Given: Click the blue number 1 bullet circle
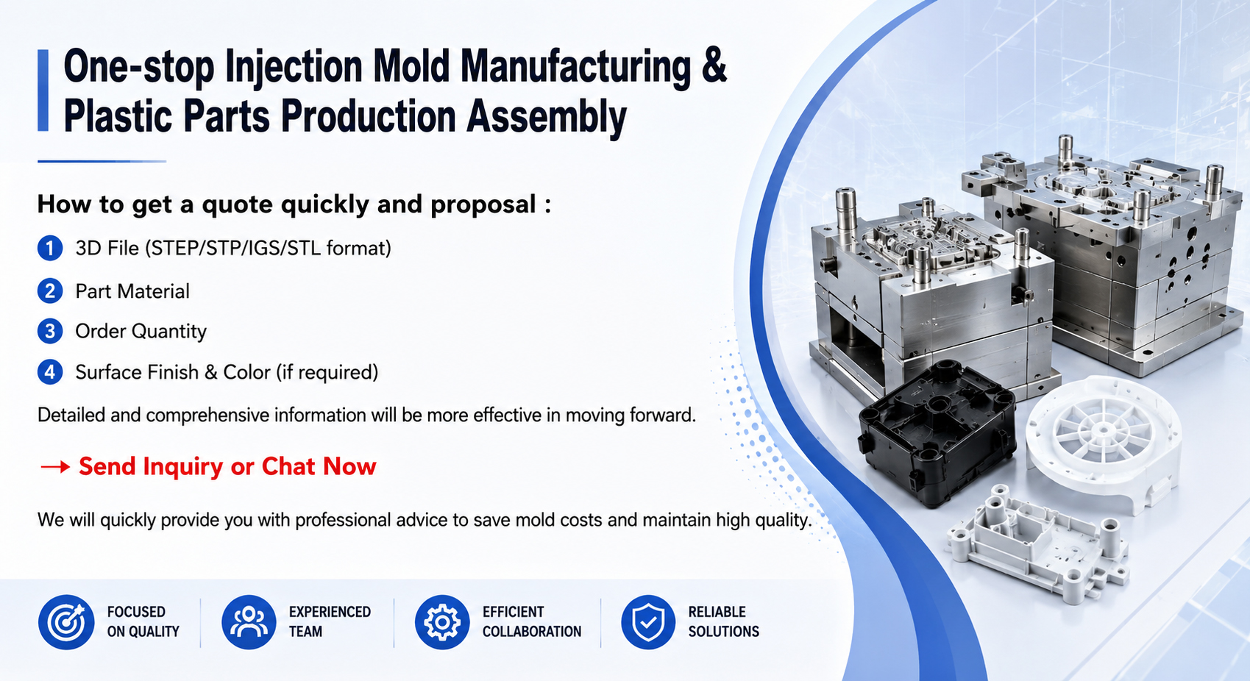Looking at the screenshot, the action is coord(50,248).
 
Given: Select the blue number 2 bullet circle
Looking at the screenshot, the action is coord(50,291).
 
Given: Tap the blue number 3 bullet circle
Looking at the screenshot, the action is coord(50,331).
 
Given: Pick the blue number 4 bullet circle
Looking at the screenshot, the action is coord(50,372).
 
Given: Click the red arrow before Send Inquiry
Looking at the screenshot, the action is coord(54,467).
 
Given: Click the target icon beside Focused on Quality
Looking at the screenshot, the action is coord(66,622).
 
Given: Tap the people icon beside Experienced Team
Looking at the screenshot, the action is coord(249,622).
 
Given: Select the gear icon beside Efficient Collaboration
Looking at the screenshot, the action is coord(442,622).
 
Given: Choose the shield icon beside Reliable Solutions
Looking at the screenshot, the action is coord(648,622).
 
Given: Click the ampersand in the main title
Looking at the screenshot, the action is coord(714,65).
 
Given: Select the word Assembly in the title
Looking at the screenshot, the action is coord(547,118).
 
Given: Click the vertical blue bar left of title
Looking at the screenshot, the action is coord(43,90).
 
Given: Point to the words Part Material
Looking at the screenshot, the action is coord(132,291).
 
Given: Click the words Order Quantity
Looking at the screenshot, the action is coord(141,331).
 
